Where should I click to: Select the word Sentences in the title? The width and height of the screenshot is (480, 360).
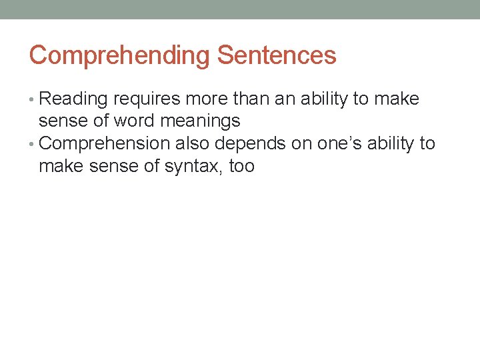click(277, 55)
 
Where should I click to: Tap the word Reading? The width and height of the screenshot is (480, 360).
click(74, 99)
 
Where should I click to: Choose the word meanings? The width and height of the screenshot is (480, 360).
click(201, 121)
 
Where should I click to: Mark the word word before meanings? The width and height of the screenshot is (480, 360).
click(135, 121)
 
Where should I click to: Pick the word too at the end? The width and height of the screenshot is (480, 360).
click(241, 166)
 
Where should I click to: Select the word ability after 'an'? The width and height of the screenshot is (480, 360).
click(326, 99)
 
